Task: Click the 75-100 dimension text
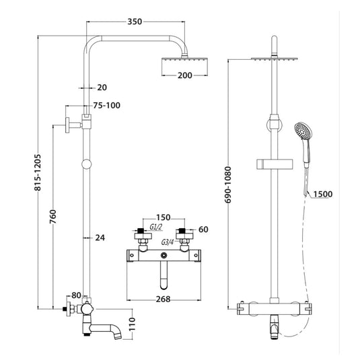pos(108,106)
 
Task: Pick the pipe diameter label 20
pos(102,87)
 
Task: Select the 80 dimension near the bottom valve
pos(76,295)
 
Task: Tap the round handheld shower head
pos(303,132)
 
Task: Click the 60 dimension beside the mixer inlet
pos(203,229)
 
